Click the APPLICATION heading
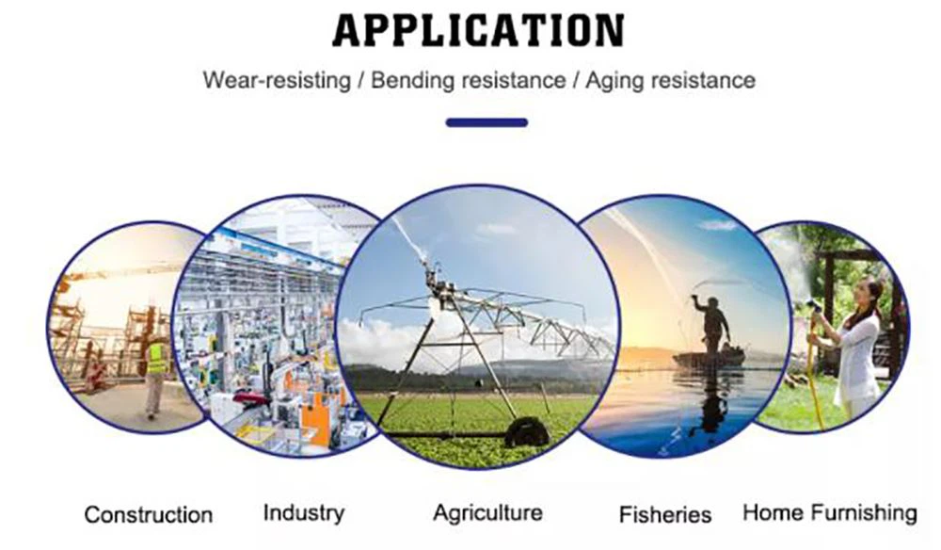(479, 30)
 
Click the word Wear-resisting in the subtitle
(277, 80)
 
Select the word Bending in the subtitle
(411, 81)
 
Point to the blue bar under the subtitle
(486, 122)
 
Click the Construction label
(149, 514)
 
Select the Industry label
(304, 512)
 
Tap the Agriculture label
(487, 512)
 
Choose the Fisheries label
(665, 514)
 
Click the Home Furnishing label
(830, 512)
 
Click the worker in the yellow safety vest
(155, 375)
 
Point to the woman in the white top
(856, 348)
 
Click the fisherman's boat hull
(709, 359)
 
